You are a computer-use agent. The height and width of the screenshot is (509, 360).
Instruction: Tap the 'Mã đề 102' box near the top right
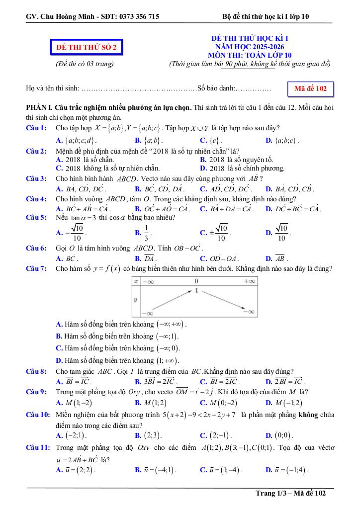click(x=310, y=88)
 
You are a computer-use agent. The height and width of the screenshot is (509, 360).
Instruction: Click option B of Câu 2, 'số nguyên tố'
click(x=236, y=160)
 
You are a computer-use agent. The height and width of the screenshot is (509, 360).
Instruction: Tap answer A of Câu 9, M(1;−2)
click(x=74, y=403)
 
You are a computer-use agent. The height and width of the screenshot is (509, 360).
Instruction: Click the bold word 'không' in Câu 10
click(x=308, y=415)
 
